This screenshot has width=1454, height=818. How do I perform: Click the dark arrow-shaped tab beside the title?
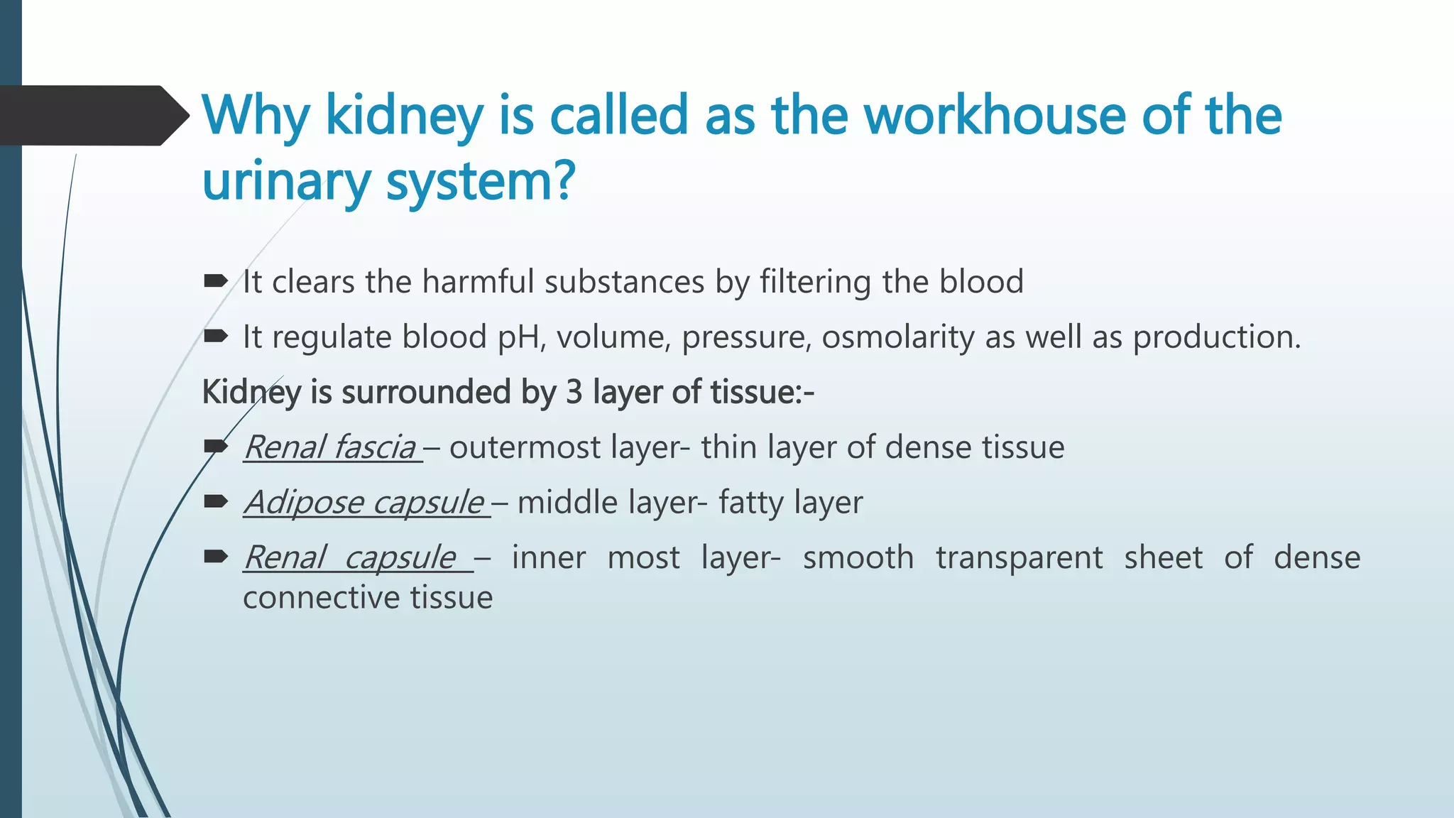pos(92,115)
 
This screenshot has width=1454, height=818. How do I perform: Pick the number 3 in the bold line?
pos(574,392)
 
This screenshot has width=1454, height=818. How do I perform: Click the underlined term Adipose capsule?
pos(364,503)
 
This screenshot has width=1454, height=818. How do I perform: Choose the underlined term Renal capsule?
pos(351,557)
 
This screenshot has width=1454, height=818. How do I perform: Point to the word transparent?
pos(1019,557)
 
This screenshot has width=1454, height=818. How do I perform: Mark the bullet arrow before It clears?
pos(215,281)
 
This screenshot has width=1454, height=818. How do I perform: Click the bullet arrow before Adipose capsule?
pos(215,502)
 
